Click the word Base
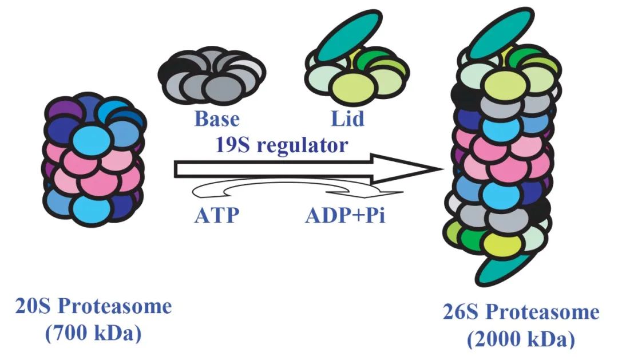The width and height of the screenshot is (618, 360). click(217, 120)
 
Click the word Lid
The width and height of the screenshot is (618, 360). click(347, 120)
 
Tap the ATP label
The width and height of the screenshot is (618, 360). click(216, 217)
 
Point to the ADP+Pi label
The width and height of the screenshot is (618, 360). click(345, 217)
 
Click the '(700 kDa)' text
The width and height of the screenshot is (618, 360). click(93, 333)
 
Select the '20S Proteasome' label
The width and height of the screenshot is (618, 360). click(93, 307)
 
